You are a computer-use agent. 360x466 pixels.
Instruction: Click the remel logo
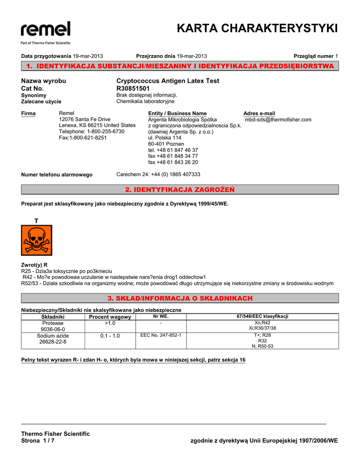pos(46,30)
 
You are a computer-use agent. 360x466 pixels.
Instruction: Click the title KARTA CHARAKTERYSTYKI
pos(257,28)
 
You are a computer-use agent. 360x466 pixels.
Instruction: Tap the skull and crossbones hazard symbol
pos(36,240)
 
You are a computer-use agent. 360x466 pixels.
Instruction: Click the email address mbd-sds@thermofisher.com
pos(278,120)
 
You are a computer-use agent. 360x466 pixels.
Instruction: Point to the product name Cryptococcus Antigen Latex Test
pos(167,81)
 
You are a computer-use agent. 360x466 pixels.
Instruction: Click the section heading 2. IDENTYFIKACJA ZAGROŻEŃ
pos(180,189)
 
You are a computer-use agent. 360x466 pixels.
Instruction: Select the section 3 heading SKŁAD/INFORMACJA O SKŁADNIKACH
pos(180,298)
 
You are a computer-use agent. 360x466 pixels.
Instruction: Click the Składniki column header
pos(53,317)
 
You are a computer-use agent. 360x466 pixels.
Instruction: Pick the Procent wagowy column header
pos(110,317)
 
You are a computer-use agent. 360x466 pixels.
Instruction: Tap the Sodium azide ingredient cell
pos(53,339)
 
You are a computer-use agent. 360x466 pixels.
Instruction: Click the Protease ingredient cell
pos(53,326)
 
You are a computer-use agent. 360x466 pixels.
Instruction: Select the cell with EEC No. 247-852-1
pos(161,335)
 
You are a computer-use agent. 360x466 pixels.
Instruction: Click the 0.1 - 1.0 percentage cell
pos(110,336)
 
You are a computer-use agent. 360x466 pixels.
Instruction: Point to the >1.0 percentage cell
pos(110,323)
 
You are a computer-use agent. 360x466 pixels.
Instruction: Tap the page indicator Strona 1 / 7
pos(38,441)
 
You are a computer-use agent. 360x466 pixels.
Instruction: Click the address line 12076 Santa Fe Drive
pos(85,119)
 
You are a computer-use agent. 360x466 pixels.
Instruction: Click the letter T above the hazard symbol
pos(36,221)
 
